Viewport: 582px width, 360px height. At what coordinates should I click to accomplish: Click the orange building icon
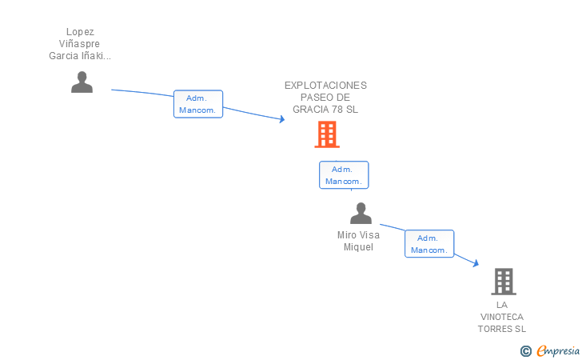[x=327, y=134]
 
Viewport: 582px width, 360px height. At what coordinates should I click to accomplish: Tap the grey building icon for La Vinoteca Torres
[x=504, y=282]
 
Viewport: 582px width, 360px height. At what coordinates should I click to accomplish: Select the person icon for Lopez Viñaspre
[x=82, y=82]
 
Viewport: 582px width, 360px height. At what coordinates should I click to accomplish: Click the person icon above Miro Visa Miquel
[x=361, y=213]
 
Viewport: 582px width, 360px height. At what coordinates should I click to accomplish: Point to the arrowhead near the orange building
[x=282, y=119]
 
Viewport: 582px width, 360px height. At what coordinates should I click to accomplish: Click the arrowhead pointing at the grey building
[x=476, y=263]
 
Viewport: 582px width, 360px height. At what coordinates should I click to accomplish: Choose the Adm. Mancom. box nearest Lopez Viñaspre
[x=198, y=104]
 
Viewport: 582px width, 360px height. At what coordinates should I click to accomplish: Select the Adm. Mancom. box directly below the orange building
[x=344, y=175]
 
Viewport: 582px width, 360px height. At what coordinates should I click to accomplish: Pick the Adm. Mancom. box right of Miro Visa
[x=429, y=244]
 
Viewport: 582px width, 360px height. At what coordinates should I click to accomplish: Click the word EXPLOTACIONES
[x=325, y=86]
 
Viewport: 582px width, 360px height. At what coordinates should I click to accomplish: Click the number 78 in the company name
[x=337, y=110]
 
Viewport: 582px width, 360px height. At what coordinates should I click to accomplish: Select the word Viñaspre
[x=79, y=44]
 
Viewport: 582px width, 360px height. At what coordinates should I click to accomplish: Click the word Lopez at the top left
[x=80, y=32]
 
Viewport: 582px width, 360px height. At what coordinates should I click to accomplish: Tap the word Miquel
[x=358, y=247]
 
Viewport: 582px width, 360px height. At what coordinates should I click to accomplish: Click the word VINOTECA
[x=502, y=317]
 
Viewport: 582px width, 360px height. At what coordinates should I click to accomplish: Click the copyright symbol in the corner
[x=525, y=351]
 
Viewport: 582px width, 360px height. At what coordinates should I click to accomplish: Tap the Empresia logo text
[x=558, y=351]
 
